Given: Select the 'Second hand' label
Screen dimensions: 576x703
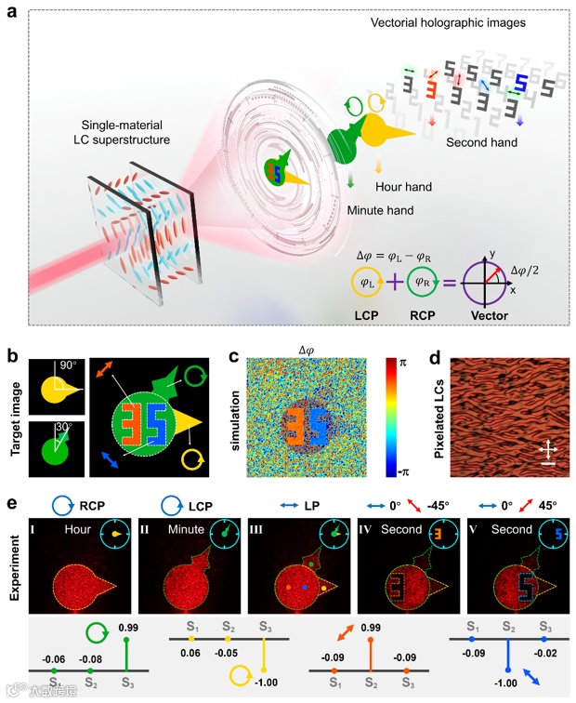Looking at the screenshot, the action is pos(482,143).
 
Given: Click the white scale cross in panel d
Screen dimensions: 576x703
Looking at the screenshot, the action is pos(548,452).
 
